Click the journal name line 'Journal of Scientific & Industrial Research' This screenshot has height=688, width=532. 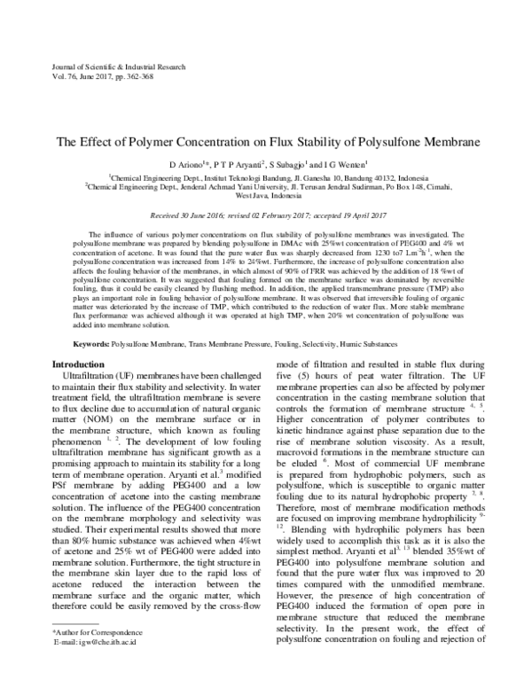(x=106, y=66)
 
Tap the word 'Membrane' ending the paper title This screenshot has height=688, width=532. (x=449, y=141)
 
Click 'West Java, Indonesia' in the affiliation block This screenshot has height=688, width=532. (x=266, y=198)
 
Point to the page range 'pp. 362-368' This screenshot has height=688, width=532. (x=133, y=77)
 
